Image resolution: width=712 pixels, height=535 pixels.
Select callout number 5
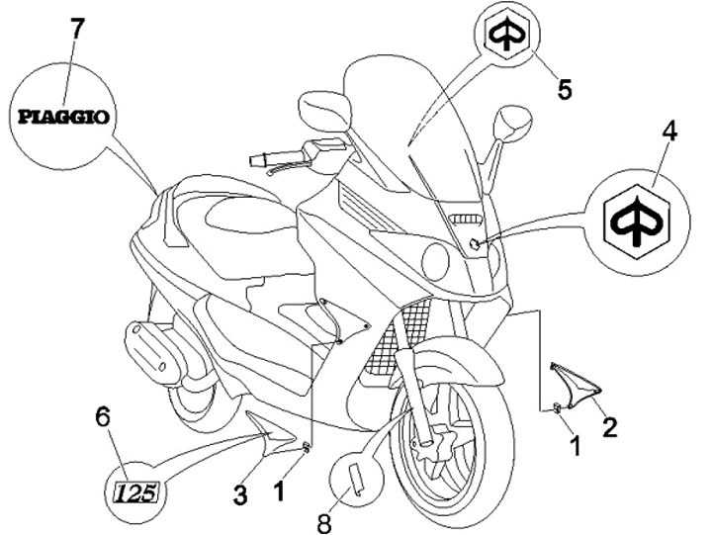click(564, 90)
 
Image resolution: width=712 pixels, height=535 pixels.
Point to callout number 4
click(669, 133)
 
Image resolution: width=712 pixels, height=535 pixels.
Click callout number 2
click(610, 427)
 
